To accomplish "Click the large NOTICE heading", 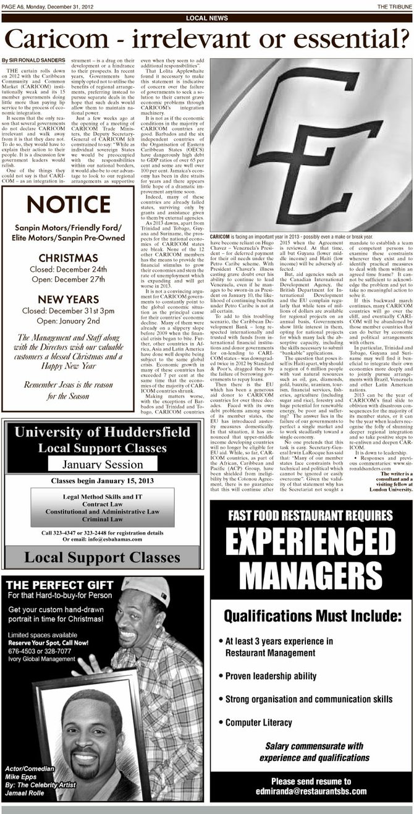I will point(67,205).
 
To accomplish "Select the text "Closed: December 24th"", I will point(67,269).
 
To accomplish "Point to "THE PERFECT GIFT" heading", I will point(50,585).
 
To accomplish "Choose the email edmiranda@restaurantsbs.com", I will point(311,791).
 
